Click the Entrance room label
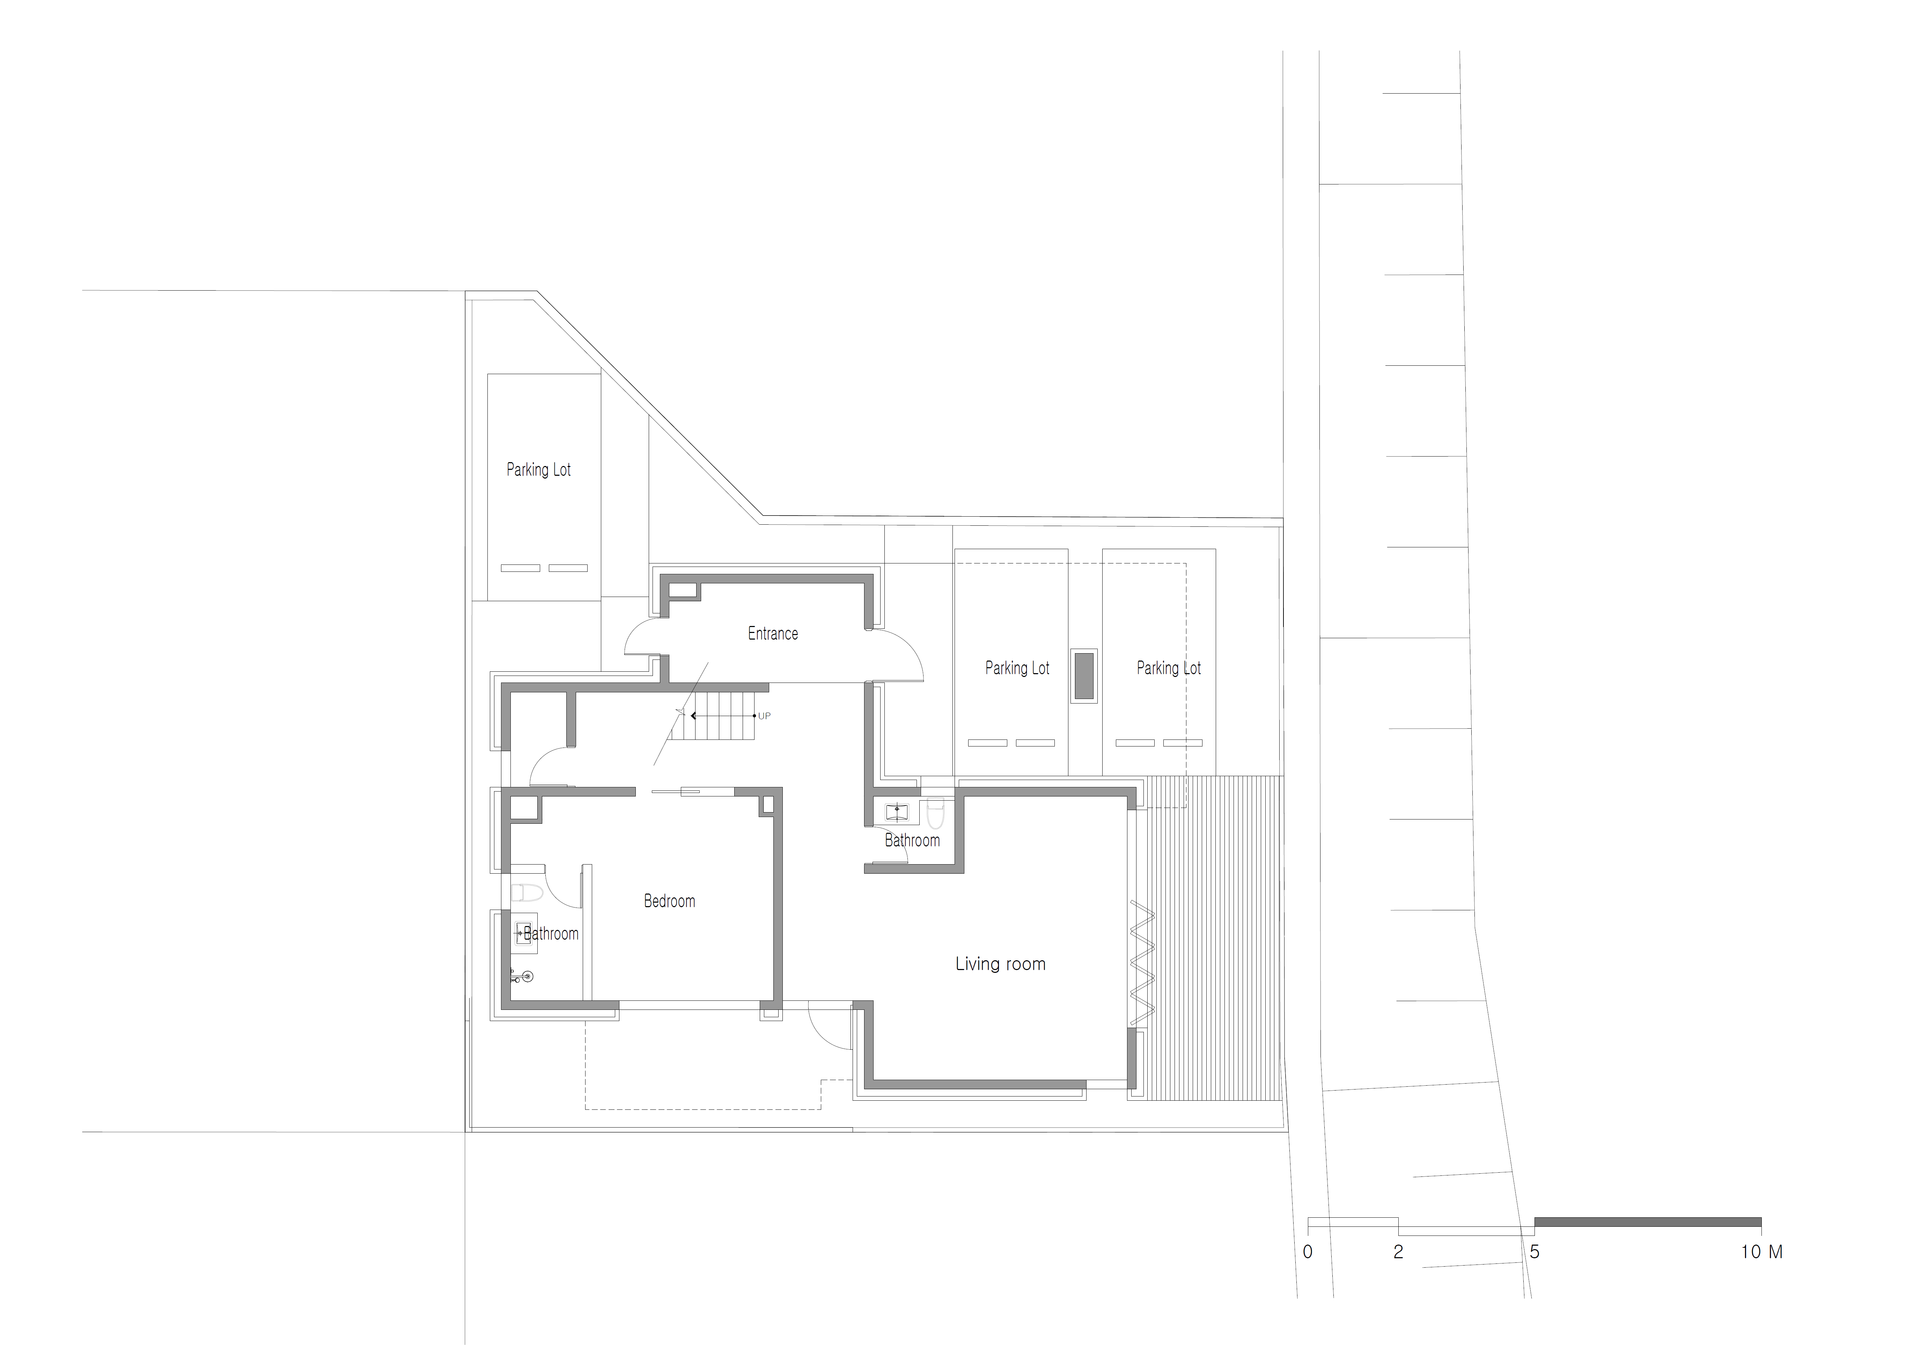pyautogui.click(x=773, y=634)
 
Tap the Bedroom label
pyautogui.click(x=669, y=901)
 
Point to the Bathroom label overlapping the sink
pyautogui.click(x=550, y=934)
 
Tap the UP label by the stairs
pyautogui.click(x=765, y=716)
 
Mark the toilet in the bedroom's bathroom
pyautogui.click(x=526, y=893)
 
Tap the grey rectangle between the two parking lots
pyautogui.click(x=1084, y=676)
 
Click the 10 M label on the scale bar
pyautogui.click(x=1761, y=1252)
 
